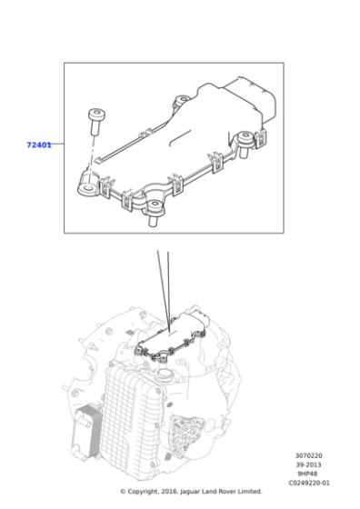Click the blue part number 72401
pos(38,145)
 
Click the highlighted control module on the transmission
pos(176,335)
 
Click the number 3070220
pos(309,456)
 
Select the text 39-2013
pos(309,465)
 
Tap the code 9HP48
pos(309,474)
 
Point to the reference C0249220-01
pos(309,484)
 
